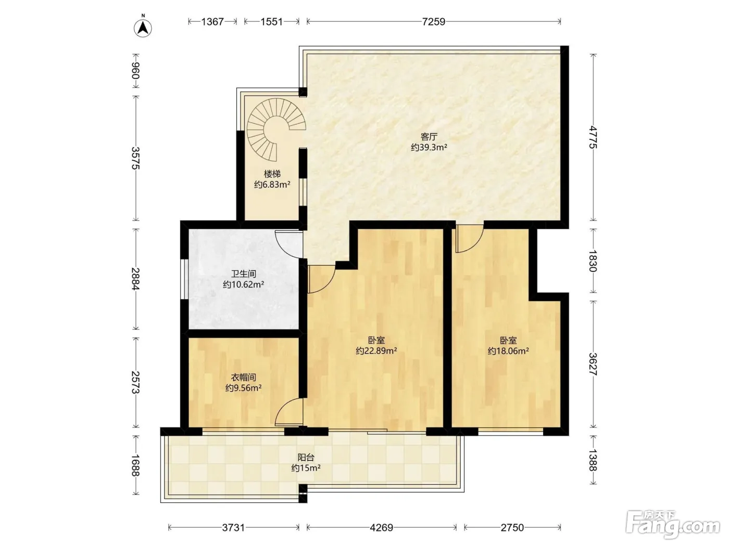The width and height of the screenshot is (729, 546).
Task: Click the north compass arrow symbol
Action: pyautogui.click(x=143, y=28)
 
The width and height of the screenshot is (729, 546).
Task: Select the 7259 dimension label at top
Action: pyautogui.click(x=433, y=21)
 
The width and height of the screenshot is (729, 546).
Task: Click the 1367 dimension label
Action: pyautogui.click(x=212, y=21)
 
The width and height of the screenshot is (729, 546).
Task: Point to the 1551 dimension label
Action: pyautogui.click(x=271, y=21)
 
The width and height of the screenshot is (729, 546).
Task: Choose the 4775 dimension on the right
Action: pyautogui.click(x=593, y=137)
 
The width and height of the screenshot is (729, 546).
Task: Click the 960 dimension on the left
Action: pyautogui.click(x=135, y=71)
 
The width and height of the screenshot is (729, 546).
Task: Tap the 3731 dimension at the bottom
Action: pyautogui.click(x=233, y=527)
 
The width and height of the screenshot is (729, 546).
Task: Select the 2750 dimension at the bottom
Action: pyautogui.click(x=512, y=527)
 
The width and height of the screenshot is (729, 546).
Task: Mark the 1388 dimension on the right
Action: pyautogui.click(x=593, y=460)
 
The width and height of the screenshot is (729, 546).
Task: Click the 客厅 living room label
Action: pyautogui.click(x=429, y=137)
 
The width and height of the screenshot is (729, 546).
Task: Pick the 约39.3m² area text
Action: pyautogui.click(x=429, y=147)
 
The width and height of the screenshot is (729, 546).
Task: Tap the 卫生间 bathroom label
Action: pyautogui.click(x=244, y=274)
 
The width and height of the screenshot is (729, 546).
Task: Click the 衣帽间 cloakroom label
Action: pyautogui.click(x=244, y=378)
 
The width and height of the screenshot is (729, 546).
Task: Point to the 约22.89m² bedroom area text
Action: pyautogui.click(x=376, y=350)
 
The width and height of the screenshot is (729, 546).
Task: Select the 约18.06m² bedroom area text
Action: pyautogui.click(x=508, y=350)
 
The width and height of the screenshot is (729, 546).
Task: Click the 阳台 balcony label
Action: pyautogui.click(x=306, y=458)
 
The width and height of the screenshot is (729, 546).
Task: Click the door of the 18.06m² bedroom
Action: pyautogui.click(x=469, y=239)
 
